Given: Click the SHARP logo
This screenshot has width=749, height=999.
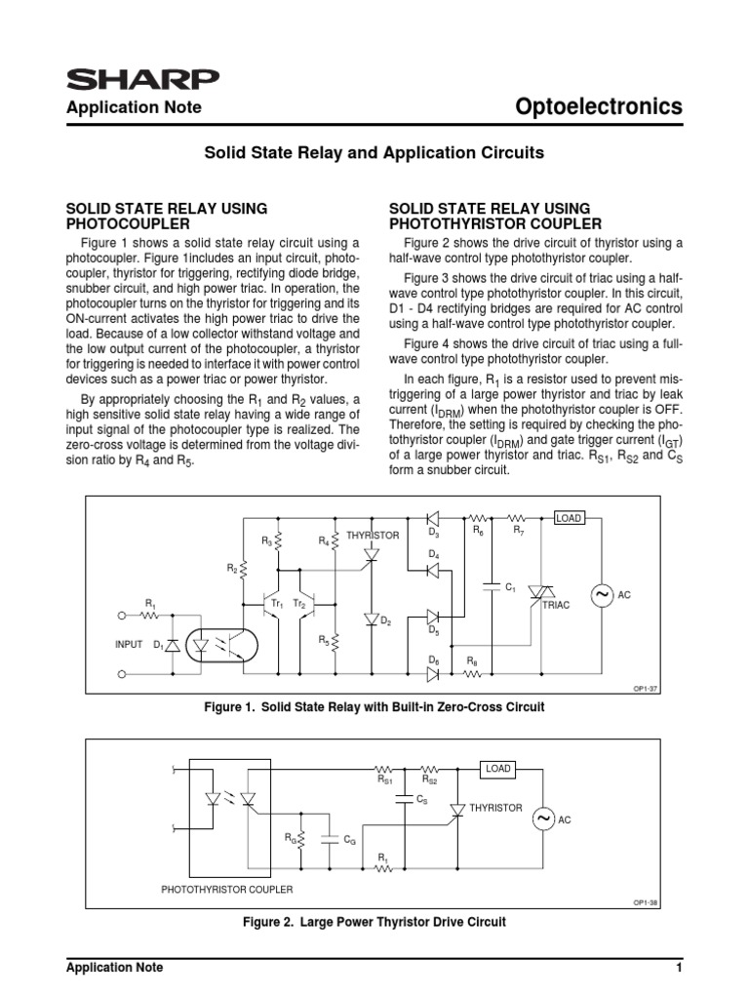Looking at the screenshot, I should pos(141,79).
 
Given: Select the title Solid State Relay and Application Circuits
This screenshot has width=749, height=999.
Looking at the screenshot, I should pos(373,153).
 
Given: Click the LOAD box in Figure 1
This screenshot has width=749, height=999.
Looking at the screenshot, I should pos(569,518).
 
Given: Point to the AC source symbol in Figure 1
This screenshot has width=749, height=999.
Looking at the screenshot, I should pos(597,594).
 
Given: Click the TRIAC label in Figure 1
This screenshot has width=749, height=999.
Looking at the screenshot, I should pos(555,605).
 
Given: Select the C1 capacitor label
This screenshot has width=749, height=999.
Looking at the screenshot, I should pos(510,587).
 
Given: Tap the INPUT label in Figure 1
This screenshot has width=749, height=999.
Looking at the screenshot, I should pos(129,645).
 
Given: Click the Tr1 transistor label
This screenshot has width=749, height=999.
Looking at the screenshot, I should pos(277,605).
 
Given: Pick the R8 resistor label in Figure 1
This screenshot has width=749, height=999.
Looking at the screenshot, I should pos(472,661).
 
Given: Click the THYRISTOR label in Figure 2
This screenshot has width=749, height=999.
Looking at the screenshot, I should pos(495,808).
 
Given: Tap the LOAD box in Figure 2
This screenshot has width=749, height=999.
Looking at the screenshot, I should pos(498,770).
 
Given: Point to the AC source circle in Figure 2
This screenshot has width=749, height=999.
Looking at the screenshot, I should pos(543,819).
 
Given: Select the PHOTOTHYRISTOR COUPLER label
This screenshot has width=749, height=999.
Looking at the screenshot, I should pos(227,889).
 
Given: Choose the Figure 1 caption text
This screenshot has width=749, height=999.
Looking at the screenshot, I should pos(374,705).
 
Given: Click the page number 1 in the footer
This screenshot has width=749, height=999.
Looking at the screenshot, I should pos(677,968).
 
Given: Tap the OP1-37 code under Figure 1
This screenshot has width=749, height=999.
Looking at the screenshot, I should pos(647,688).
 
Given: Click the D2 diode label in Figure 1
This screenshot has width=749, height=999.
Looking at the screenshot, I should pos(386,621).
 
